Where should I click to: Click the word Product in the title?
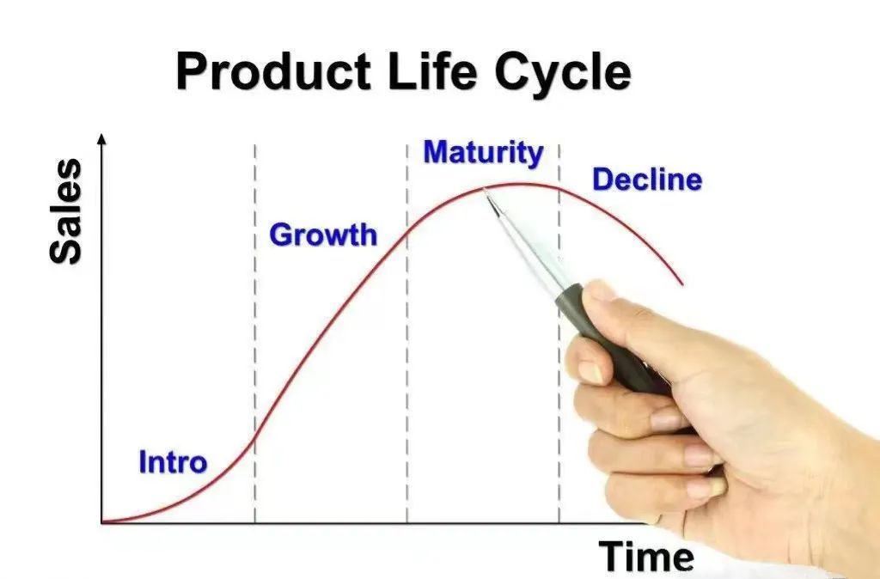(273, 70)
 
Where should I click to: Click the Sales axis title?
(65, 211)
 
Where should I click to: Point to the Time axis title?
(646, 557)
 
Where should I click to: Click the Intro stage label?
(173, 462)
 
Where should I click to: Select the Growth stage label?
(323, 235)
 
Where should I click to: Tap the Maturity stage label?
(483, 153)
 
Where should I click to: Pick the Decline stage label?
(647, 180)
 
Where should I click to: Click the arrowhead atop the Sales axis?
(101, 138)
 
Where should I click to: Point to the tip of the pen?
(485, 190)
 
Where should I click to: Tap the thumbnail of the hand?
(601, 291)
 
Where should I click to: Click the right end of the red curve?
(682, 284)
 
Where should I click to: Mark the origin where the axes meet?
(101, 523)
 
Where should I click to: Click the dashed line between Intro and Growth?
(254, 334)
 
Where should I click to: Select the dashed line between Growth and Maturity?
(406, 334)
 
